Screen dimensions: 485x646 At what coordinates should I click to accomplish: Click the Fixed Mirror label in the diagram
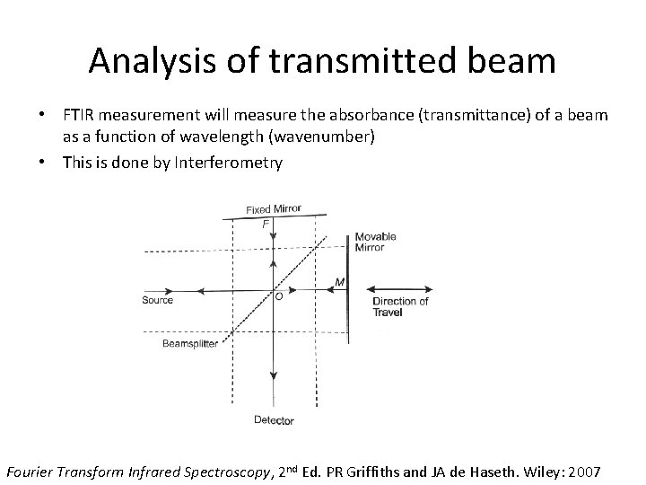(274, 209)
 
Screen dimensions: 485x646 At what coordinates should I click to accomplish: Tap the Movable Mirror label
(375, 242)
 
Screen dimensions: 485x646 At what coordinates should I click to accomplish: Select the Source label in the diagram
(157, 300)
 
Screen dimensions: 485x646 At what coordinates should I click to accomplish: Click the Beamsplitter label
(190, 344)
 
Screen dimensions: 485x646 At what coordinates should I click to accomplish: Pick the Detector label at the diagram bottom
(274, 419)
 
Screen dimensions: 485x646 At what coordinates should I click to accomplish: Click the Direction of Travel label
(400, 306)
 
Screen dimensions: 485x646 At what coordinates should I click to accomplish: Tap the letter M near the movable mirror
(339, 281)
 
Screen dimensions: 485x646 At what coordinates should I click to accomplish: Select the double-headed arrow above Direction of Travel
(402, 289)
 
